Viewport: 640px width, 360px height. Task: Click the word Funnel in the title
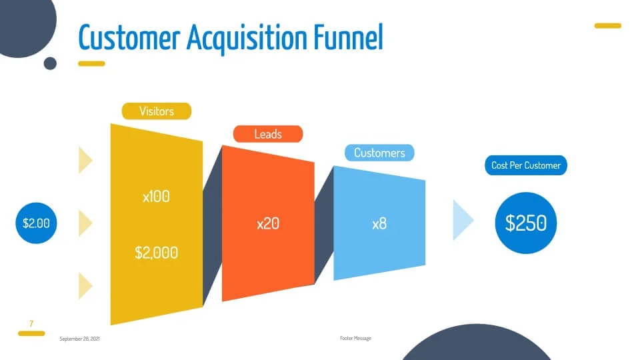coord(349,37)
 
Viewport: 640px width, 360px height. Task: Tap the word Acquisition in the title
coord(247,39)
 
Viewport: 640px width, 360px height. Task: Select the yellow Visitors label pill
coord(156,111)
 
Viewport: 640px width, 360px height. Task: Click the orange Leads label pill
coord(268,134)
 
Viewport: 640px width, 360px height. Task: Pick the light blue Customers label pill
coord(379,153)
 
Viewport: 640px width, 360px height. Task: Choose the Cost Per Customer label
coord(526,165)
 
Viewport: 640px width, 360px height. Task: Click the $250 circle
coord(526,223)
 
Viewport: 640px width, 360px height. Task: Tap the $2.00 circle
coord(36,223)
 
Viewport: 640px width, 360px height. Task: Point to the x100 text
coord(156,197)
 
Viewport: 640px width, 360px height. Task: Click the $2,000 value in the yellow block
coord(156,253)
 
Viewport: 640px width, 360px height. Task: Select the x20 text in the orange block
coord(268,224)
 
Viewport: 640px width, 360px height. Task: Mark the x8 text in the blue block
coord(379,224)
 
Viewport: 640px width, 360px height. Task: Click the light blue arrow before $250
coord(463,220)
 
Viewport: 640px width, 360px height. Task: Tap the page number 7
coord(31,324)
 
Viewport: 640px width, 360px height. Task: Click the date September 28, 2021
coord(79,339)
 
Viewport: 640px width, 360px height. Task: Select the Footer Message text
coord(355,339)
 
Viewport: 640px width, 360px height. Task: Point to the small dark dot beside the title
coord(50,63)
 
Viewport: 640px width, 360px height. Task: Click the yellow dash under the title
coord(91,63)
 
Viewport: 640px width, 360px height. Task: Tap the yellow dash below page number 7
coord(31,333)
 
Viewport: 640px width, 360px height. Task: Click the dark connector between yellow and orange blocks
coord(212,225)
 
